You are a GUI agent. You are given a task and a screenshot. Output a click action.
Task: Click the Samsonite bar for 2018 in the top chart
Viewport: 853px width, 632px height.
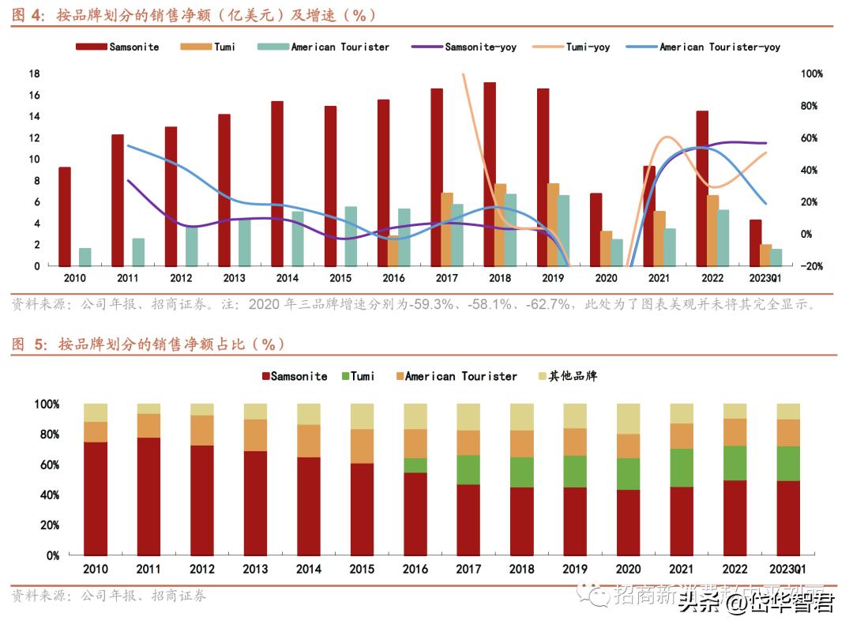pyautogui.click(x=490, y=174)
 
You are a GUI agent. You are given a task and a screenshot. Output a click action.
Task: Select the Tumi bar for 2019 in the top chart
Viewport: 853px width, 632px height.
pyautogui.click(x=553, y=224)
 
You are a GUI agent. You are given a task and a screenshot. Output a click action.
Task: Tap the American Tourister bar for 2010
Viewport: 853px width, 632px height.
pyautogui.click(x=85, y=257)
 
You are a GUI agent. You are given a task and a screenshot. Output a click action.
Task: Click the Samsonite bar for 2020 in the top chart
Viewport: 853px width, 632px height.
pyautogui.click(x=596, y=229)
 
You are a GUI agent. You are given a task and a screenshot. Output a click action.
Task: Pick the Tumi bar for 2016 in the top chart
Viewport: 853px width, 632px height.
pyautogui.click(x=393, y=250)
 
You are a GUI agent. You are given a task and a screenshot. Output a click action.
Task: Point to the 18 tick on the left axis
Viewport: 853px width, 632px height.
pyautogui.click(x=34, y=73)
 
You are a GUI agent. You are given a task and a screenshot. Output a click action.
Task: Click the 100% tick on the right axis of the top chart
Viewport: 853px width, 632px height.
pyautogui.click(x=812, y=73)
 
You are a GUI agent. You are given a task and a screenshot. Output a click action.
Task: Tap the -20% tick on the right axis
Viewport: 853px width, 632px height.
pyautogui.click(x=812, y=266)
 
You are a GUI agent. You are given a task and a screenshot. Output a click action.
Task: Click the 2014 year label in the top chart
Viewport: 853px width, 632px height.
pyautogui.click(x=287, y=278)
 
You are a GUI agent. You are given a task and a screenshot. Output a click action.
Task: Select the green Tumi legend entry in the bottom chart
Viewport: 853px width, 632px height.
pyautogui.click(x=358, y=376)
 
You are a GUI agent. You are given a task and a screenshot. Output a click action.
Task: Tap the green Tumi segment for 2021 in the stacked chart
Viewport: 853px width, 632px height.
pyautogui.click(x=682, y=468)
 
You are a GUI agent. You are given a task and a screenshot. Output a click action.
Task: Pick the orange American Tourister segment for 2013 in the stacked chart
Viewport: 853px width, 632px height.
pyautogui.click(x=255, y=434)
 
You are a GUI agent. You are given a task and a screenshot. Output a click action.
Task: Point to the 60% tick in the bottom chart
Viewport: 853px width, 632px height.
pyautogui.click(x=47, y=465)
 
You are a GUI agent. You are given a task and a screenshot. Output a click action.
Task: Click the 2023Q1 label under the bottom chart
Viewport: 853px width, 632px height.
pyautogui.click(x=788, y=569)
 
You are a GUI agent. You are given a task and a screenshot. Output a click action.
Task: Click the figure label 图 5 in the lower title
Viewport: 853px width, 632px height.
pyautogui.click(x=30, y=344)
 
